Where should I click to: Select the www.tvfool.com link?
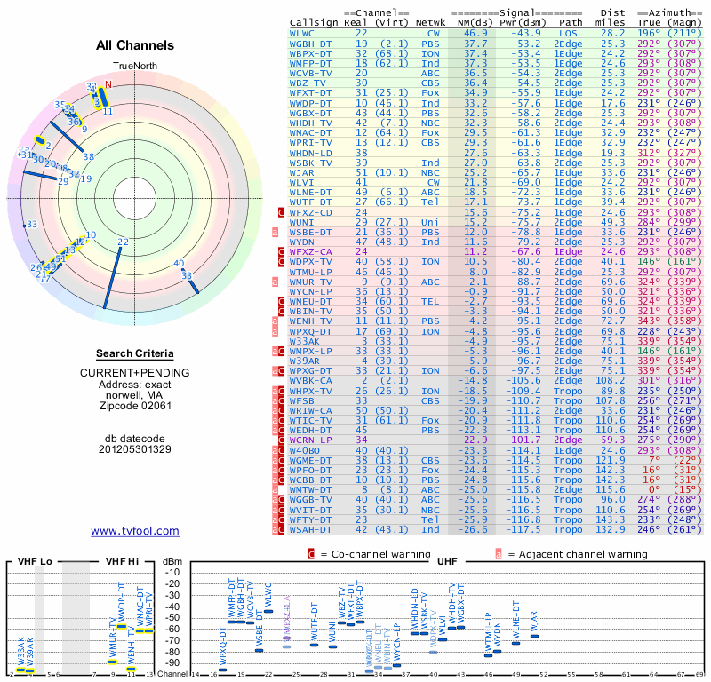(x=135, y=531)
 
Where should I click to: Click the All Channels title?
(x=135, y=45)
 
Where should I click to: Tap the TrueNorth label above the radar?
(x=134, y=66)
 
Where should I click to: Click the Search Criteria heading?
(x=135, y=353)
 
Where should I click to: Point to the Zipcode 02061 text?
(x=135, y=407)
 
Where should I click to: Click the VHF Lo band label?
(x=36, y=561)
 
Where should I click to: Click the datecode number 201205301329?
(x=135, y=448)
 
